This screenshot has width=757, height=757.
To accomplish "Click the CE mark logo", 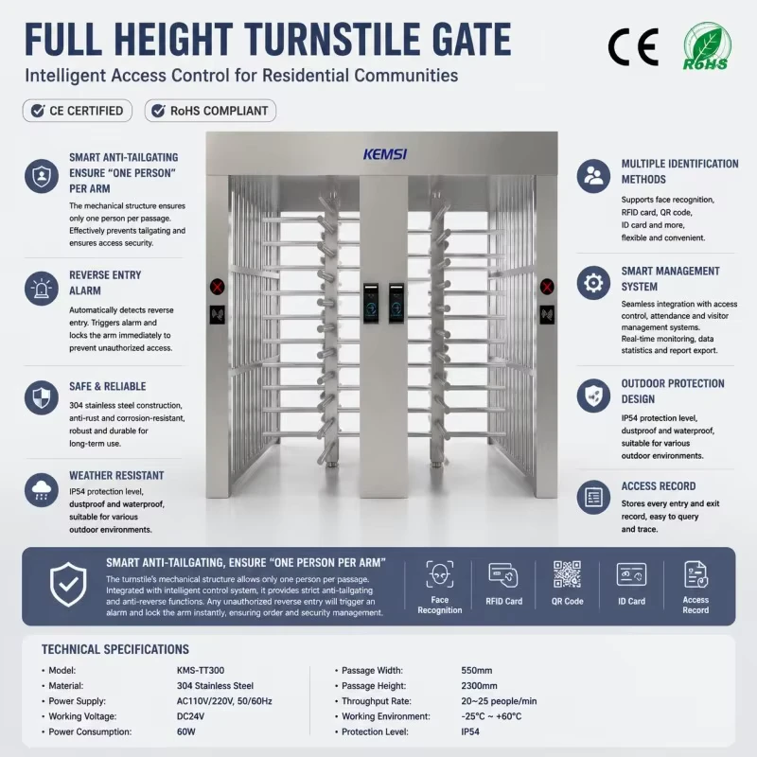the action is (633, 46).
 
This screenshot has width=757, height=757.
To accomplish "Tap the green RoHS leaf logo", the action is (707, 45).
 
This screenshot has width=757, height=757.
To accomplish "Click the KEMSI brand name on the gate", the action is (385, 154).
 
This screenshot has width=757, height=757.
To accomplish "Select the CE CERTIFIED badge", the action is (78, 111).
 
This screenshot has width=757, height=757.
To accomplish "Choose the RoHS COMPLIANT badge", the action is (210, 111).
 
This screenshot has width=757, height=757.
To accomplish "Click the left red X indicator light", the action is (218, 288).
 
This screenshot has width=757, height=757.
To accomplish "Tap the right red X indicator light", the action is (547, 288).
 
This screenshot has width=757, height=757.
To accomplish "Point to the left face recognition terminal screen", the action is (371, 303).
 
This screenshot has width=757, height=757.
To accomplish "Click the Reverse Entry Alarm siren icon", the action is (42, 289).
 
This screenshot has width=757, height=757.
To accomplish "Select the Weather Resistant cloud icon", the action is (42, 490).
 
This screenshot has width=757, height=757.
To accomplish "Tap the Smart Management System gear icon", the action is (593, 283).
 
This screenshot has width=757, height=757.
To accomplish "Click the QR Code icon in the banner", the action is (567, 574).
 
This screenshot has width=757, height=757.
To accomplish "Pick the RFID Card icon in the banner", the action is (503, 575).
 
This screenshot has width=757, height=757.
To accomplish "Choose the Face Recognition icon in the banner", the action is (440, 574).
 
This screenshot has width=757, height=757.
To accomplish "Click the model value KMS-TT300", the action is (201, 670).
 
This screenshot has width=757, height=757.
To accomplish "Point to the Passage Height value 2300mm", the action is (479, 685).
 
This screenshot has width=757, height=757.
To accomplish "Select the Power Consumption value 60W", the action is (185, 731).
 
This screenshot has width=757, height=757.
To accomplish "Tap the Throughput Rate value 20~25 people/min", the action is (499, 701).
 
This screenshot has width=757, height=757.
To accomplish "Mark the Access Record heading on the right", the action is (659, 486).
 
